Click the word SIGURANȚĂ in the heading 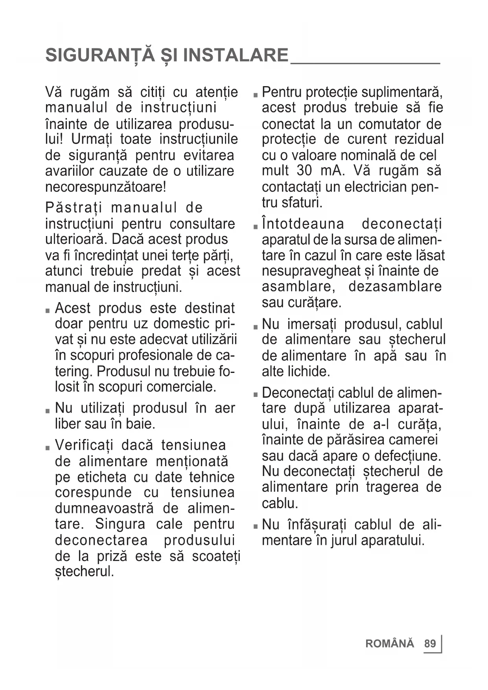click(100, 55)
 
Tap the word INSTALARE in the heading click(236, 55)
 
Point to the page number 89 click(430, 644)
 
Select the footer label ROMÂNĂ click(390, 644)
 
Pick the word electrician click(377, 187)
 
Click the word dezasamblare click(395, 286)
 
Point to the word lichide click(309, 371)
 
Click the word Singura click(120, 524)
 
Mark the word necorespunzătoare click(105, 186)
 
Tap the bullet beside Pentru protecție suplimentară click(255, 95)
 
